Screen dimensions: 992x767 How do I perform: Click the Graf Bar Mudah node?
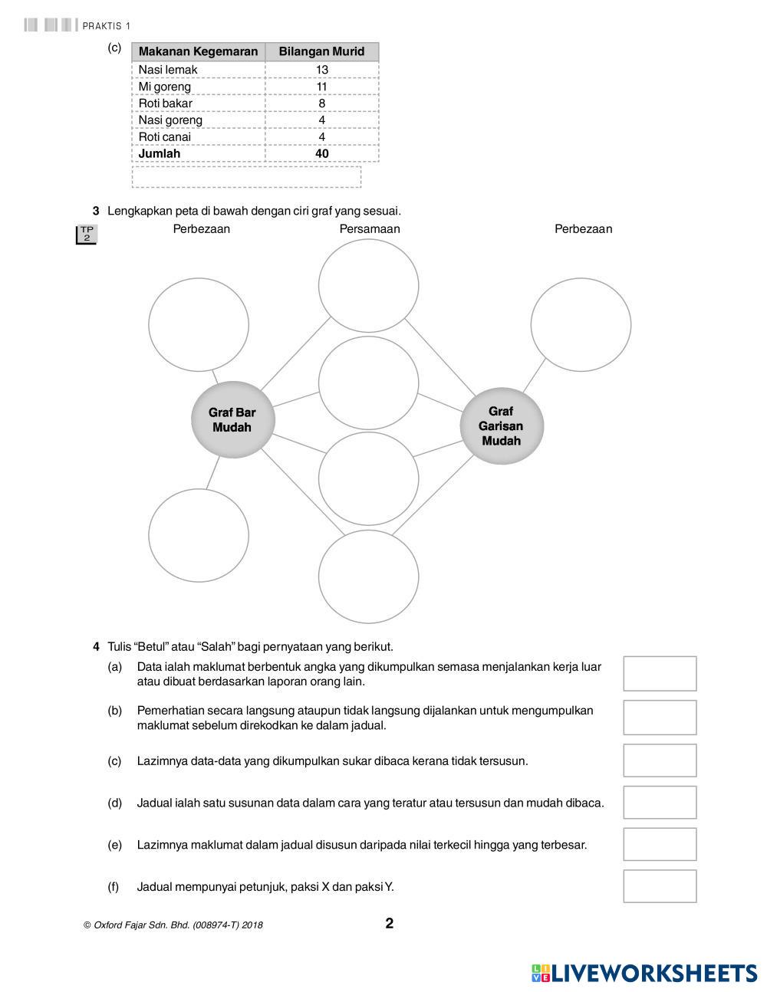(232, 420)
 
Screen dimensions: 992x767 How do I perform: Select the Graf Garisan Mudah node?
(501, 425)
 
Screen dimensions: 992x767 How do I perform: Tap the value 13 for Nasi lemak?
(321, 70)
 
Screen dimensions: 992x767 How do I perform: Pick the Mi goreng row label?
(165, 87)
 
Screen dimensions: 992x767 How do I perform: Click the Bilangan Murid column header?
(321, 52)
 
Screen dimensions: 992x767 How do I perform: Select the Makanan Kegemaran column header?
(198, 52)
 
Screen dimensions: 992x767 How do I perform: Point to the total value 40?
(321, 153)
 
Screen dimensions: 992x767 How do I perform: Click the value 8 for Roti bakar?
(321, 103)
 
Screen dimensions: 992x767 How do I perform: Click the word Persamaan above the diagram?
(370, 228)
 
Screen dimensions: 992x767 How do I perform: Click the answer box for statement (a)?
(660, 674)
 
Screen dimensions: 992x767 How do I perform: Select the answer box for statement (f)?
(660, 886)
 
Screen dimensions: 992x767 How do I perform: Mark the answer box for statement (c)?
(660, 760)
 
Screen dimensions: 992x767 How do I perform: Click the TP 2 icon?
(87, 235)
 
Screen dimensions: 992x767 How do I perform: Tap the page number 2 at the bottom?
(390, 923)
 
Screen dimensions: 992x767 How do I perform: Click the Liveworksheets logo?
(644, 973)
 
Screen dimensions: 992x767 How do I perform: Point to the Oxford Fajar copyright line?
(173, 925)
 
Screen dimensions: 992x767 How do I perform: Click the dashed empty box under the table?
(246, 176)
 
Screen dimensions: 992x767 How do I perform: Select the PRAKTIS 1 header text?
(106, 26)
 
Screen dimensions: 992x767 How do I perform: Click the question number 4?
(97, 646)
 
